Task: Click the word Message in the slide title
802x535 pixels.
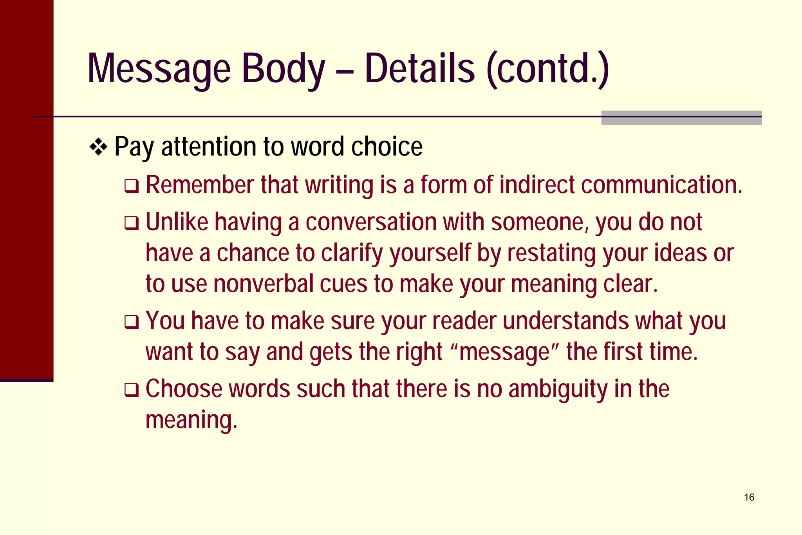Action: click(x=159, y=69)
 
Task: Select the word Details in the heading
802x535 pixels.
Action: click(x=419, y=69)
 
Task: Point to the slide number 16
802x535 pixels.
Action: click(x=749, y=497)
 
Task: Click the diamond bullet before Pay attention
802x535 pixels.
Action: click(x=98, y=148)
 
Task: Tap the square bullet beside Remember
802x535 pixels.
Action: click(x=131, y=186)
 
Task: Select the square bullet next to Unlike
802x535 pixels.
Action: click(x=131, y=223)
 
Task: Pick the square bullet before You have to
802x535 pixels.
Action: click(x=131, y=322)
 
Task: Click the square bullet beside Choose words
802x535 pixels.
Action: click(x=131, y=390)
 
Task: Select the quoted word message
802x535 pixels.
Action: click(x=505, y=352)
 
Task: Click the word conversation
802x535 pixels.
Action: click(x=371, y=222)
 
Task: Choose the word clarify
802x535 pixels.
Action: click(x=352, y=254)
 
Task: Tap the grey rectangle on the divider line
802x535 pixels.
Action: click(x=681, y=117)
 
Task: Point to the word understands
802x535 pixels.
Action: click(x=566, y=321)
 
